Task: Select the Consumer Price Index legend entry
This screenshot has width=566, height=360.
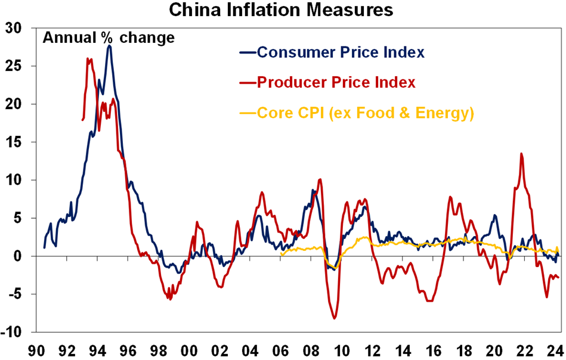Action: pos(341,52)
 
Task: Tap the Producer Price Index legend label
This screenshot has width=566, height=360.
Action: pos(336,82)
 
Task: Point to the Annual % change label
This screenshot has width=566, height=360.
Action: pos(108,38)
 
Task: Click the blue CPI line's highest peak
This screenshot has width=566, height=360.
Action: pos(109,46)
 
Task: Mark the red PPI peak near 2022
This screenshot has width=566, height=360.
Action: pos(522,154)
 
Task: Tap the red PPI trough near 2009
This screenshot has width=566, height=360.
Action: pos(335,318)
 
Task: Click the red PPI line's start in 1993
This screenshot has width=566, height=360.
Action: pos(82,120)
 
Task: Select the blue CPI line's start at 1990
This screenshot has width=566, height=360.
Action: pos(45,247)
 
